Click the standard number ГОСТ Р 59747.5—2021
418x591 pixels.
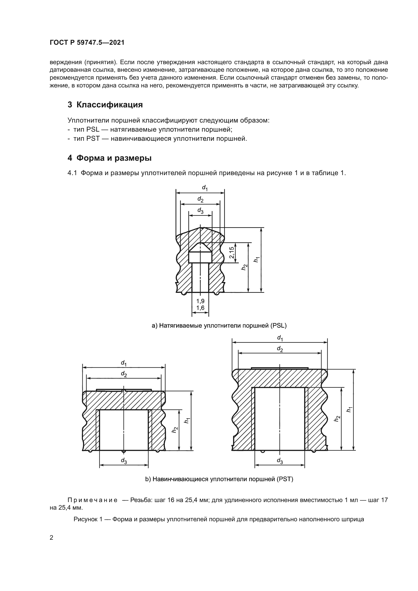[87, 43]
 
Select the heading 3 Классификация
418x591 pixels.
[105, 105]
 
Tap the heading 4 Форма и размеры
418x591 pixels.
[109, 158]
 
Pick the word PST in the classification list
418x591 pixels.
[93, 139]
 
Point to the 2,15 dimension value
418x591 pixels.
[232, 252]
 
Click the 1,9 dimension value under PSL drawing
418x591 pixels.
[200, 301]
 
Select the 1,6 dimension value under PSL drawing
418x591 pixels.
[200, 308]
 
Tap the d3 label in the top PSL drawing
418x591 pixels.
[200, 210]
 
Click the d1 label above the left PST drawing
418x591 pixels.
[124, 363]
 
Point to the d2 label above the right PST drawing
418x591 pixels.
[280, 349]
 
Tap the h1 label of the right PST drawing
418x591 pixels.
[349, 409]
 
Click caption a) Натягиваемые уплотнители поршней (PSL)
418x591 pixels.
[219, 326]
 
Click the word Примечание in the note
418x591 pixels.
[93, 500]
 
